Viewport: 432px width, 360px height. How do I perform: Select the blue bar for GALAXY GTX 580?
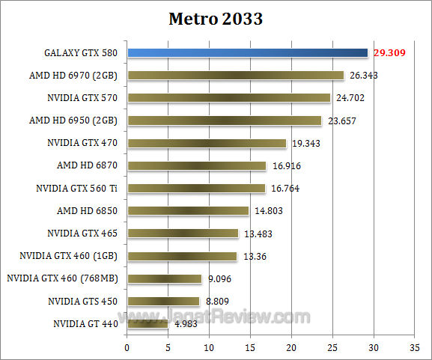[247, 52]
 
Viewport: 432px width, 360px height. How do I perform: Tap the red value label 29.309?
[389, 53]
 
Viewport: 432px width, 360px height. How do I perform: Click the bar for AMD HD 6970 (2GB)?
[235, 75]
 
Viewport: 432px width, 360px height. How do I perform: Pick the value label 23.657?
[341, 120]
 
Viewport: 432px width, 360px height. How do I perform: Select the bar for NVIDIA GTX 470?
[207, 143]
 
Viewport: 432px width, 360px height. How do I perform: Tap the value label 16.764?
[285, 189]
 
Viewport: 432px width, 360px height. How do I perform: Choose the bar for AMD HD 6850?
[188, 211]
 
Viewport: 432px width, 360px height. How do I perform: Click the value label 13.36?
[255, 257]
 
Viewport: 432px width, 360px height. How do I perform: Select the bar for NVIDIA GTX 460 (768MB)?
[164, 278]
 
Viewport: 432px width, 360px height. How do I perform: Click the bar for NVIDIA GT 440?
[147, 324]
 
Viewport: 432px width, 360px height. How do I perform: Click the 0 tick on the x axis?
[127, 347]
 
